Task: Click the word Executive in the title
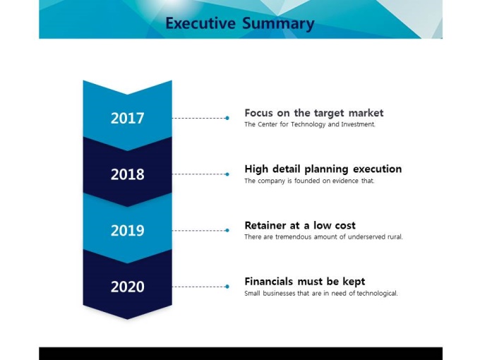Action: tap(200, 23)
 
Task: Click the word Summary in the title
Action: tap(278, 24)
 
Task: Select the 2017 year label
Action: tap(127, 118)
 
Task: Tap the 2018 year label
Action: tap(127, 174)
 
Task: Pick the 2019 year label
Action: tap(127, 231)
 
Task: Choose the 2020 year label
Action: tap(127, 287)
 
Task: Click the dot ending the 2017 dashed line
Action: tap(227, 118)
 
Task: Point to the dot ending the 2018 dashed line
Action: tap(227, 174)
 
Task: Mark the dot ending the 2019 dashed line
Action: tap(227, 230)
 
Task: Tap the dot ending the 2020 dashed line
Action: tap(227, 287)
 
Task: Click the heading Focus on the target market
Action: tap(314, 113)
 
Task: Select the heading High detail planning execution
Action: tap(323, 169)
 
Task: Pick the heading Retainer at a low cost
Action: tap(300, 225)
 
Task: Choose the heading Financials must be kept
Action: tap(305, 282)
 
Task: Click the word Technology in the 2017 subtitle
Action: tap(308, 125)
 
